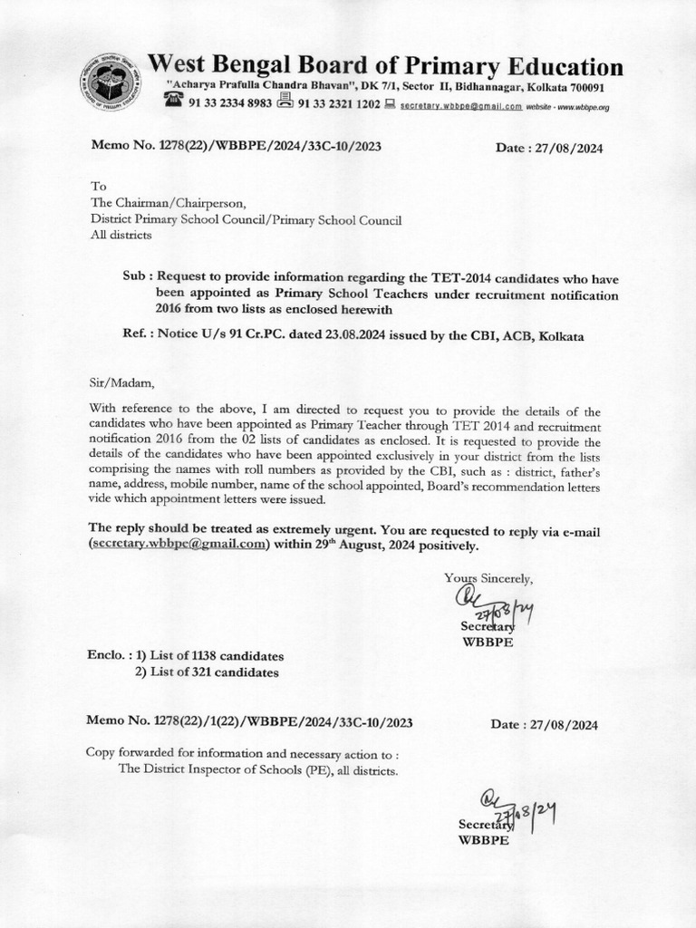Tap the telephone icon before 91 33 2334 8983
click(x=173, y=101)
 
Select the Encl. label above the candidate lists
click(x=108, y=655)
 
